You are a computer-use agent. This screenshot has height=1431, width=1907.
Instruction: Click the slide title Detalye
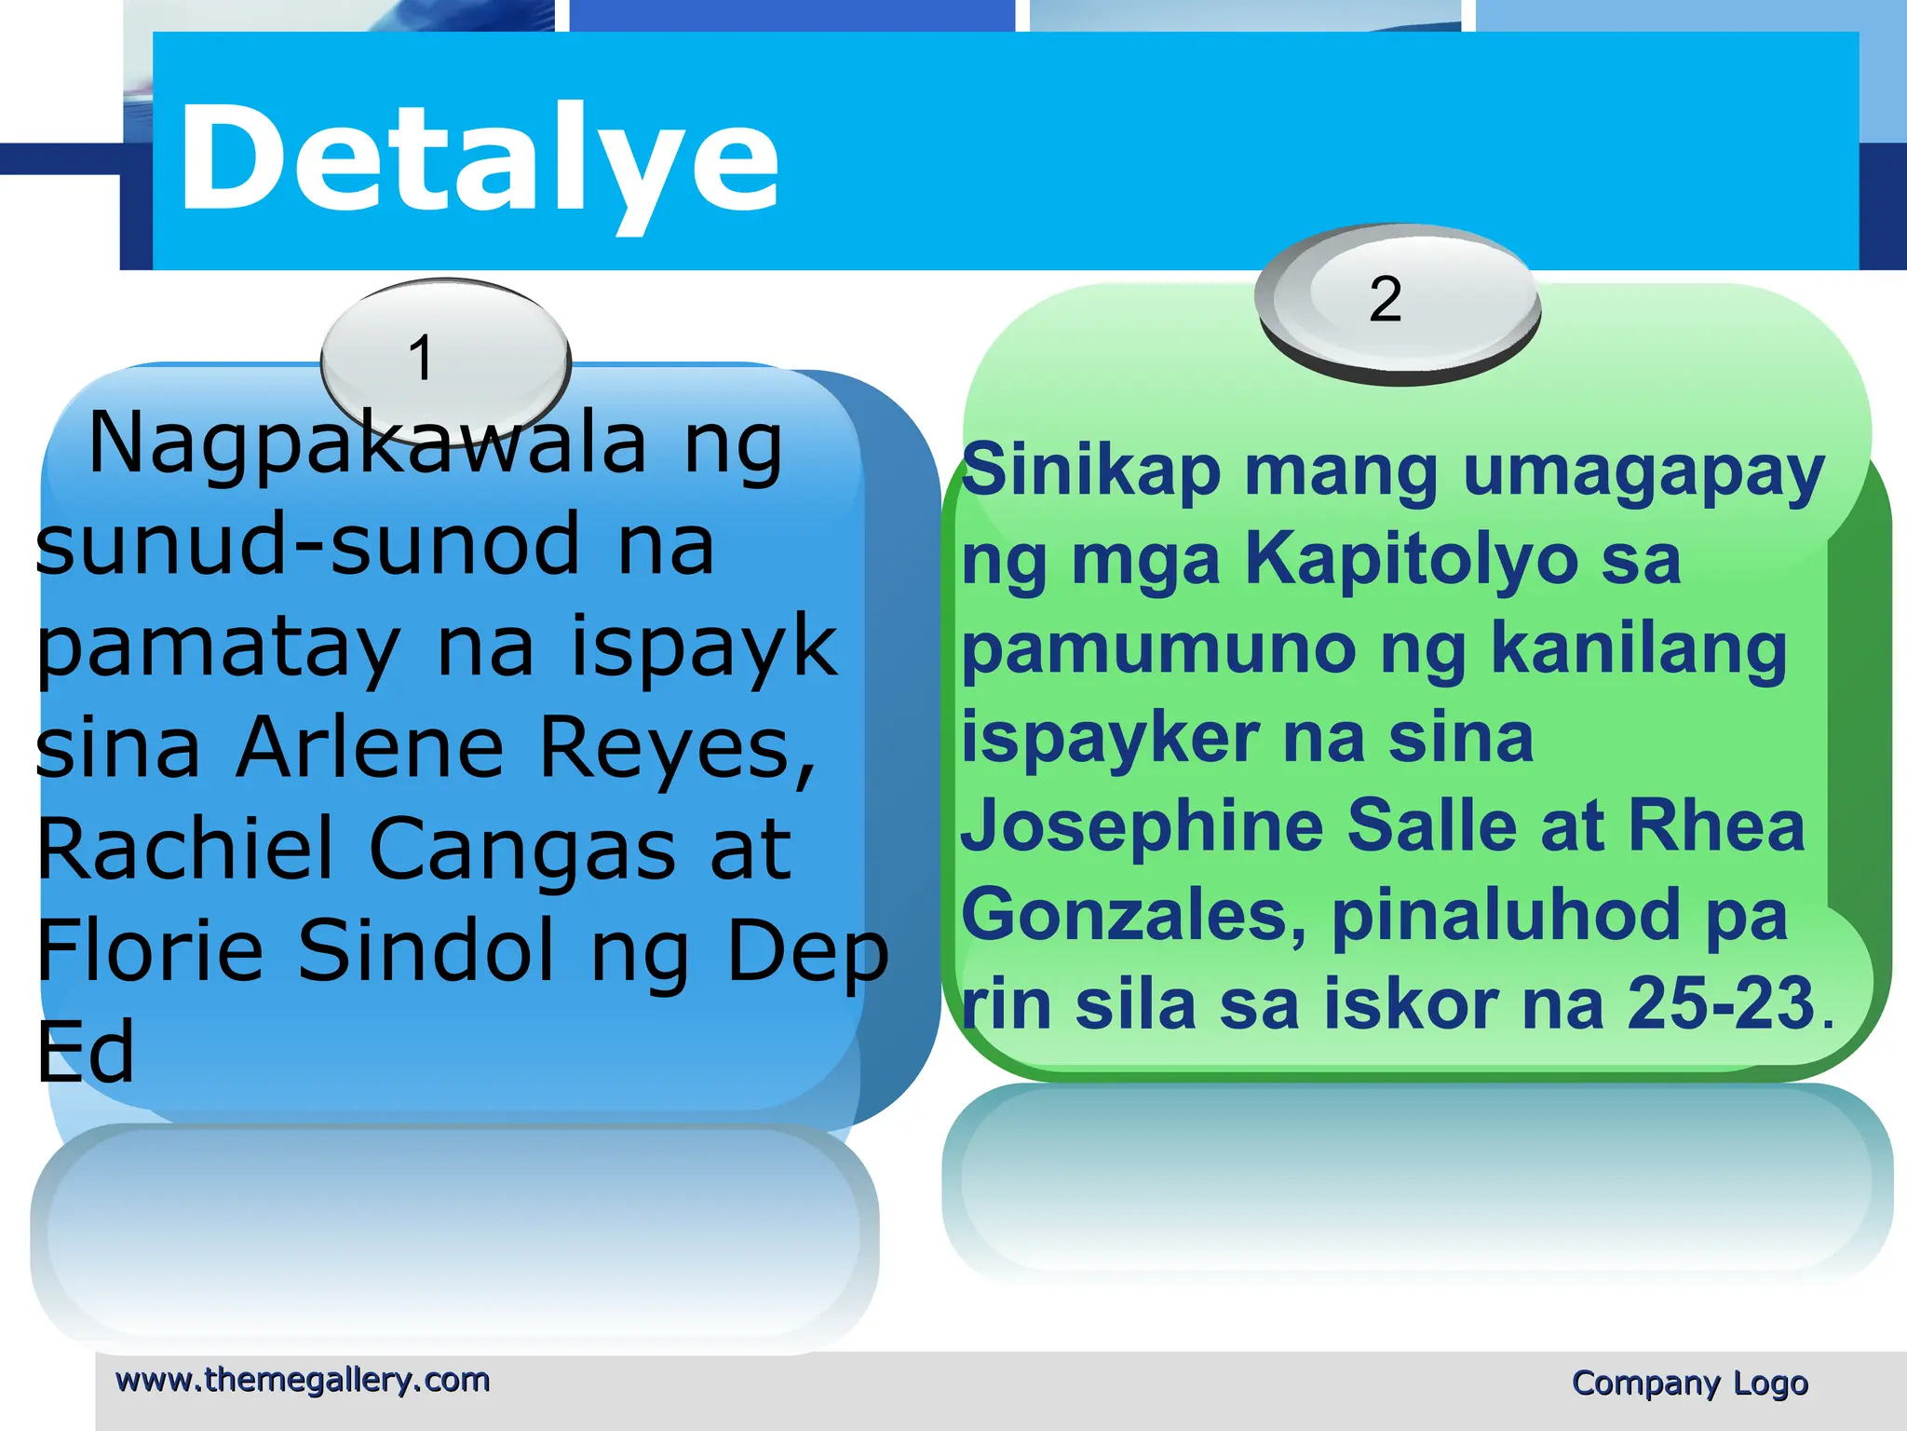point(480,158)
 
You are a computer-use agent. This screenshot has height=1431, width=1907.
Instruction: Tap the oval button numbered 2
point(1396,301)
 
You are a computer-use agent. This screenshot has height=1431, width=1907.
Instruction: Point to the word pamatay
point(219,647)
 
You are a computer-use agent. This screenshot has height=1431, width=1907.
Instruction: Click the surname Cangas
point(522,850)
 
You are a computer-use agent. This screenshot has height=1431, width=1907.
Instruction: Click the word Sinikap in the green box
point(1090,471)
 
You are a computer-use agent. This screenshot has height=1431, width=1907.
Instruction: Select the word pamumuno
point(1158,650)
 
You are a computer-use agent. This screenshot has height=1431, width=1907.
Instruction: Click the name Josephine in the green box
point(1142,827)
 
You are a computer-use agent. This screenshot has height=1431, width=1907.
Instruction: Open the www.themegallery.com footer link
point(303,1380)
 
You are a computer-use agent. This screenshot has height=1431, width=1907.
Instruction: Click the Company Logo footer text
point(1689,1383)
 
